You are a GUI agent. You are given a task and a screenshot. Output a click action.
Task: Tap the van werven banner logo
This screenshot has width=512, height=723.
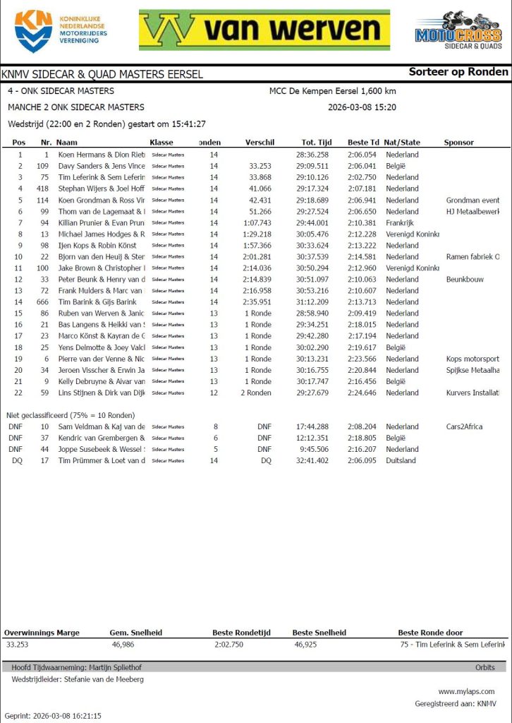click(x=264, y=30)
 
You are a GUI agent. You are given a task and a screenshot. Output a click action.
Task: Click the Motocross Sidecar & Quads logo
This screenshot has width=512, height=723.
click(x=458, y=31)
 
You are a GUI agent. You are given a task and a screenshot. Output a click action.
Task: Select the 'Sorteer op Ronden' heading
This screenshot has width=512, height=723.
click(x=458, y=71)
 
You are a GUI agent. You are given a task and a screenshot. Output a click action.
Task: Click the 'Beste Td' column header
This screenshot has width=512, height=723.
click(x=363, y=143)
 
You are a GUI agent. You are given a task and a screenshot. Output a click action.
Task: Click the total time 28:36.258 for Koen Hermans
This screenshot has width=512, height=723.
click(x=313, y=155)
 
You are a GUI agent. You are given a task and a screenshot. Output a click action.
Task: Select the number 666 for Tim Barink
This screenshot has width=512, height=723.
click(x=43, y=301)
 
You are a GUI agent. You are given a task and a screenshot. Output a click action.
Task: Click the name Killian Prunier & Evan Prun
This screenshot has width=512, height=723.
click(x=101, y=222)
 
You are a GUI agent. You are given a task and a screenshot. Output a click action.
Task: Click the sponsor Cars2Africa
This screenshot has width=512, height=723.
click(x=464, y=426)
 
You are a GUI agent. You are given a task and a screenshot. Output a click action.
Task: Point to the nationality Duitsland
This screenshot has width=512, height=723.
click(x=401, y=460)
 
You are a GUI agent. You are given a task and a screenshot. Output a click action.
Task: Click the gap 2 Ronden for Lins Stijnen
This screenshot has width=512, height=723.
click(x=255, y=393)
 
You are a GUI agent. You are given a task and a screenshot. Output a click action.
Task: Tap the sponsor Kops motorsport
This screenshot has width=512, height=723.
click(x=473, y=359)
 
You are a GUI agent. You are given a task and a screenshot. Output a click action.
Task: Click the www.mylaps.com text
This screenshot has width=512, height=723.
click(x=466, y=691)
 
